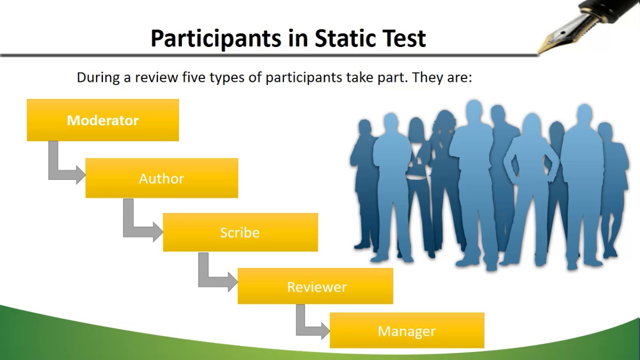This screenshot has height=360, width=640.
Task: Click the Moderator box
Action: click(102, 120)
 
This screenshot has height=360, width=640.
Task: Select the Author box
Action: click(161, 178)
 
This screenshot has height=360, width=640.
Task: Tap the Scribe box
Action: click(240, 232)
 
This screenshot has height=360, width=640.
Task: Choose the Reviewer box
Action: click(315, 286)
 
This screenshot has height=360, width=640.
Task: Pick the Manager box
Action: click(406, 330)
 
